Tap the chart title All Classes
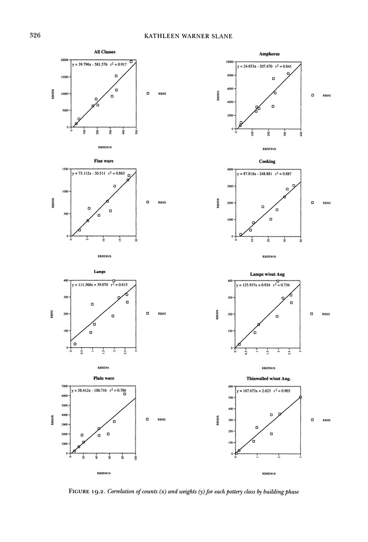point(104,52)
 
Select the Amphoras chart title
point(269,54)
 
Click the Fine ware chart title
point(104,160)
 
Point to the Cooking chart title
point(267,161)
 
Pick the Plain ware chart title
point(104,378)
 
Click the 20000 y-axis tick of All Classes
point(65,60)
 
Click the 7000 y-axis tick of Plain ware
point(66,386)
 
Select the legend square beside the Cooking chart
point(312,203)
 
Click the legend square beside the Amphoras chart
point(312,95)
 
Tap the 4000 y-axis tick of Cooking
point(230,169)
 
